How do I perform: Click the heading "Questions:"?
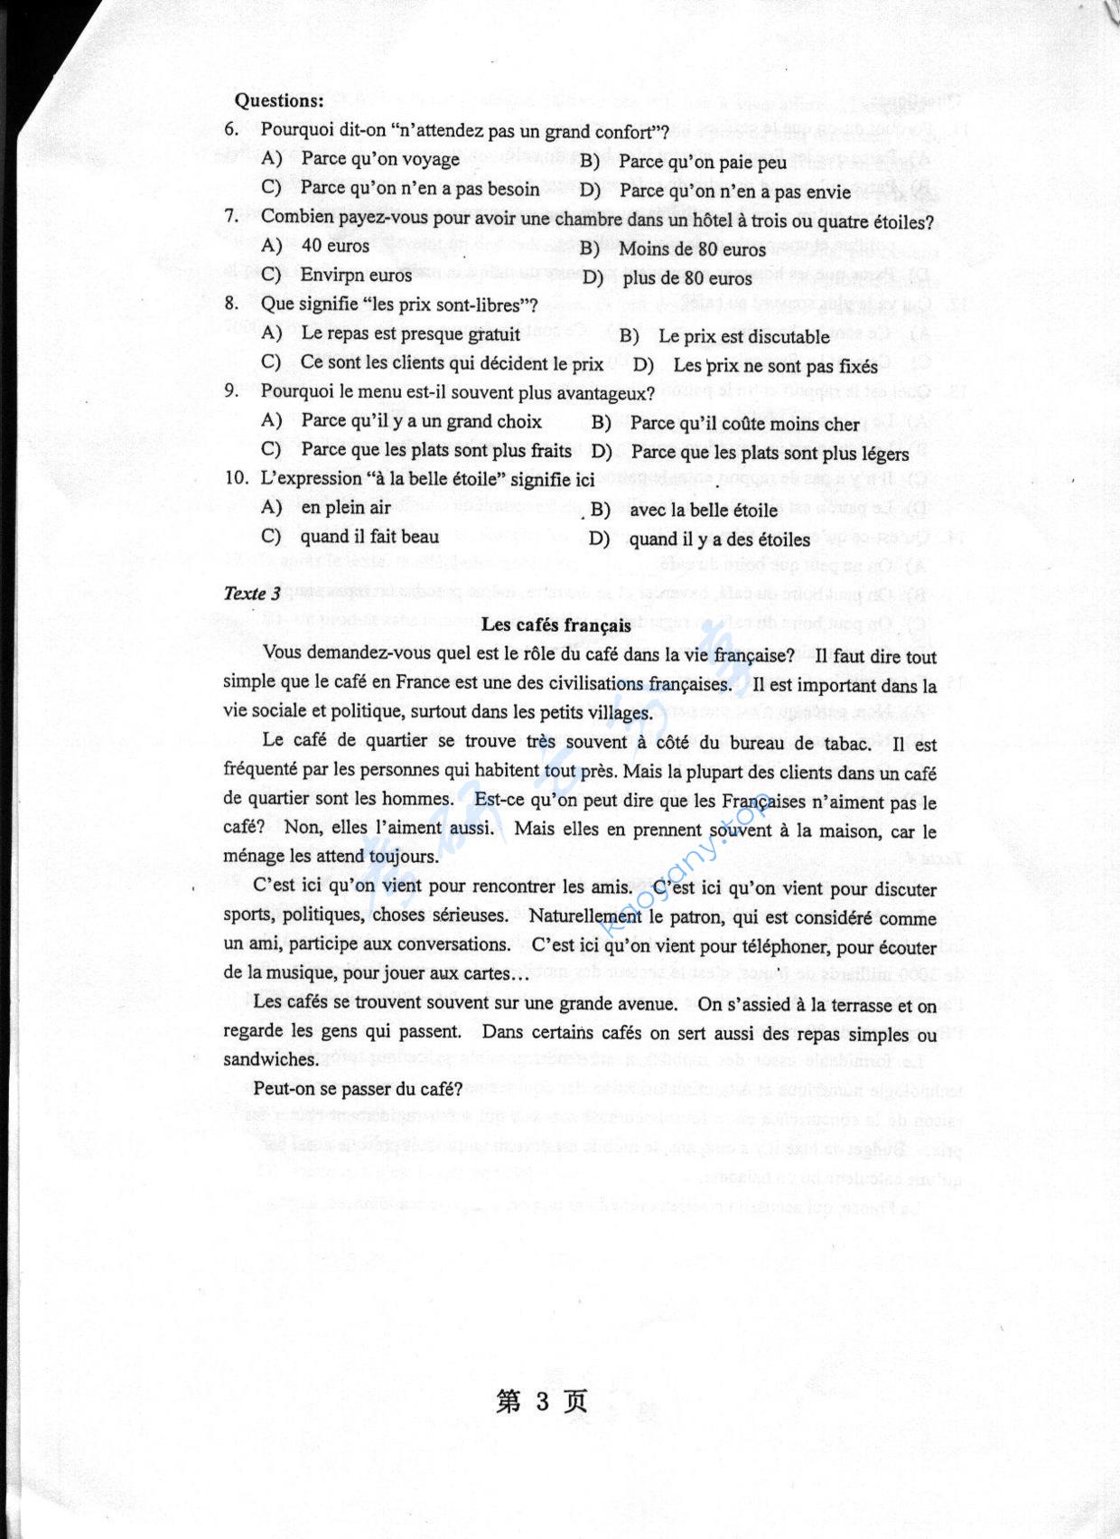pos(278,100)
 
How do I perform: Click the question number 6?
pos(232,129)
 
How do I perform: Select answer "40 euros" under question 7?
pos(335,246)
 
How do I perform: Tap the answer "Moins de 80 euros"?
pos(692,249)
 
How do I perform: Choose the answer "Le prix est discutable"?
pos(743,336)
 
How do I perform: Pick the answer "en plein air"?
pos(346,507)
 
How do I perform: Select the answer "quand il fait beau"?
pos(369,537)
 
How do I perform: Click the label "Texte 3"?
pos(252,594)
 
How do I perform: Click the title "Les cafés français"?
pos(555,624)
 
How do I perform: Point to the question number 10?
pos(237,478)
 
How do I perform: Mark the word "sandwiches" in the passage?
pos(270,1059)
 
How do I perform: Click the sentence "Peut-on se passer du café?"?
pos(358,1089)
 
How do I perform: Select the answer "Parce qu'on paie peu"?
pos(702,163)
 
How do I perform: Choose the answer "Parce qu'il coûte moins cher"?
pos(744,424)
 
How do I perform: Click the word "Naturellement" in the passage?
pos(585,916)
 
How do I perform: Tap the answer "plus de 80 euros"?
pos(686,278)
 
